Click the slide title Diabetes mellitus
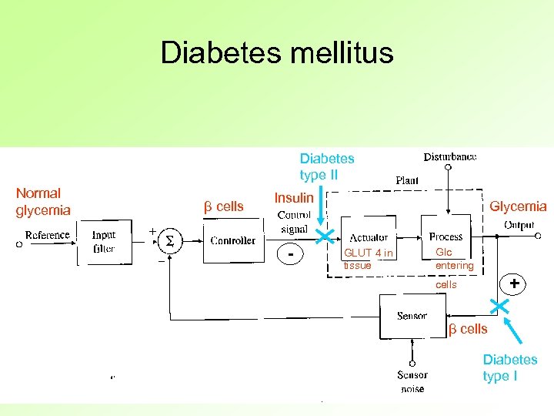[277, 53]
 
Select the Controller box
[232, 240]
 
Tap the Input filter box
[104, 242]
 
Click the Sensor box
[412, 316]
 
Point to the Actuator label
[369, 237]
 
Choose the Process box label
[446, 237]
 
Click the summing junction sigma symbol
[169, 241]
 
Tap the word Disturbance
[450, 157]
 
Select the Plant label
[407, 180]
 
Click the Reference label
[48, 235]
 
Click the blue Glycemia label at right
[518, 206]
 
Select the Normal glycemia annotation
[43, 202]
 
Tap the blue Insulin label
[294, 198]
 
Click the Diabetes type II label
[327, 166]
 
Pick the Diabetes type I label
[510, 367]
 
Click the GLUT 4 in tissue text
[368, 259]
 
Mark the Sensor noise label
[412, 382]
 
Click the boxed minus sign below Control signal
[290, 253]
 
